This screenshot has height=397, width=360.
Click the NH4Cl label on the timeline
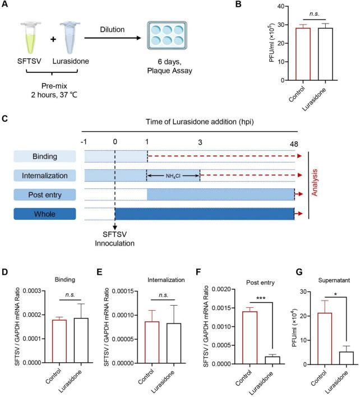pos(173,176)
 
